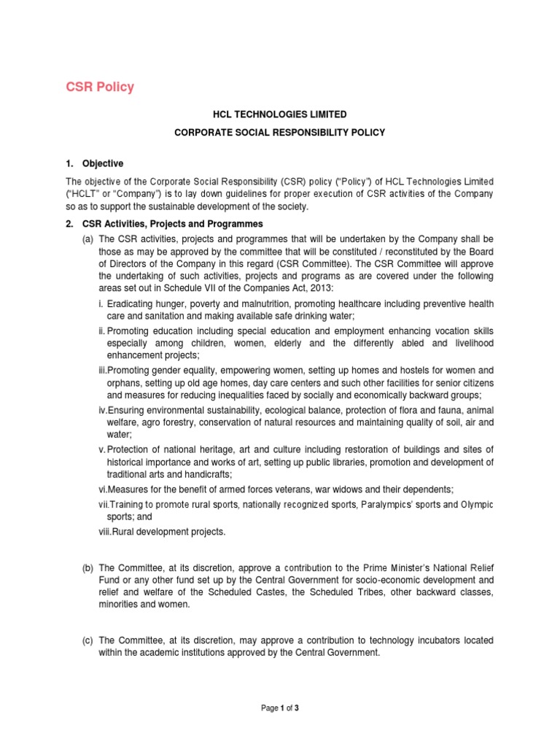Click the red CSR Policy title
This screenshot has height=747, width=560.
pyautogui.click(x=101, y=87)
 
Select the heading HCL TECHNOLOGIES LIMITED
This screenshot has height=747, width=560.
pyautogui.click(x=279, y=115)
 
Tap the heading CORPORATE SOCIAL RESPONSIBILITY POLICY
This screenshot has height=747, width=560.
pyautogui.click(x=279, y=133)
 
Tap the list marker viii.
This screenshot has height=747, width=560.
pyautogui.click(x=107, y=532)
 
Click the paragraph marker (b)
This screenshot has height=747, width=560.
pyautogui.click(x=87, y=568)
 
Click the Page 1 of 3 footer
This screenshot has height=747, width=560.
pyautogui.click(x=279, y=707)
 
